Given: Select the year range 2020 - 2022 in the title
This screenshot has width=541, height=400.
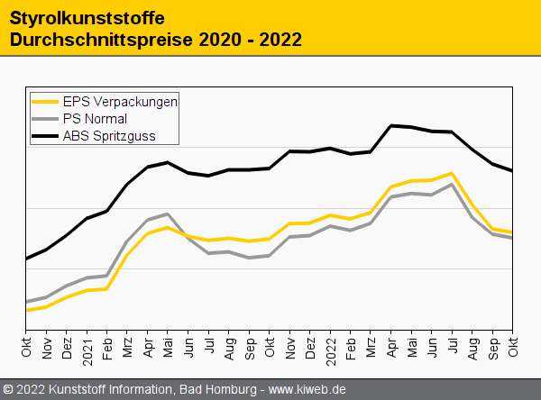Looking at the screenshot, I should pos(250,40).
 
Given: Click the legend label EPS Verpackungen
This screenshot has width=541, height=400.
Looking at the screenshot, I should pos(120,102).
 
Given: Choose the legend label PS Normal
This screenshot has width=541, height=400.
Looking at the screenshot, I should pos(95,119).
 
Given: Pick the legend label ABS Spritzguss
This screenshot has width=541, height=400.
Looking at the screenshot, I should pos(108,136).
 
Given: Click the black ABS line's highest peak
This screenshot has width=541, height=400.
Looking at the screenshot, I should pos(391,125).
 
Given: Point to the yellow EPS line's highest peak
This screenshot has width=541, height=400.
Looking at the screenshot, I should pos(451,173).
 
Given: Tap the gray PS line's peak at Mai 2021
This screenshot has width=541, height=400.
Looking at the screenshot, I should pos(168,214).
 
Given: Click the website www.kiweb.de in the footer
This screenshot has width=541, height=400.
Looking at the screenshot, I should pos(307,389).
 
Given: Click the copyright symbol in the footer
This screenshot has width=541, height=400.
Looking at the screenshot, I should pos(9,389).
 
